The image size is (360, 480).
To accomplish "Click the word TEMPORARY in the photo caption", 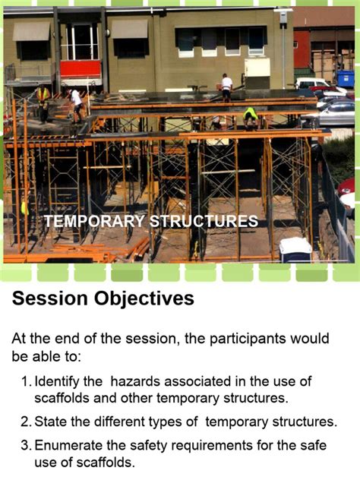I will click(94, 221).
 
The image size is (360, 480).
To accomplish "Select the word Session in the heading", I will click(49, 298).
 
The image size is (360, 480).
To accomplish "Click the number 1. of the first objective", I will click(26, 381).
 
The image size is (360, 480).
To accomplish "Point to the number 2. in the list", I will click(26, 422).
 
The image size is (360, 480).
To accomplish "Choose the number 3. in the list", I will click(26, 446).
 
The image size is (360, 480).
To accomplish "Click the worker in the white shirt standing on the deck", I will click(226, 87).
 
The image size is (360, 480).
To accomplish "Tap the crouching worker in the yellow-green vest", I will click(250, 115).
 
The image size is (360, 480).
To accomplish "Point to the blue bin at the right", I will click(346, 78).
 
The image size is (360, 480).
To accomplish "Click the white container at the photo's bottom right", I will click(295, 248).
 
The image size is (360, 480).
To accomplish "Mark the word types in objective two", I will click(179, 422).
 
